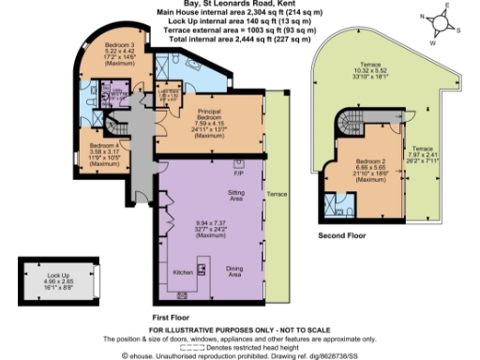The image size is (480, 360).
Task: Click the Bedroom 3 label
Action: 118,46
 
